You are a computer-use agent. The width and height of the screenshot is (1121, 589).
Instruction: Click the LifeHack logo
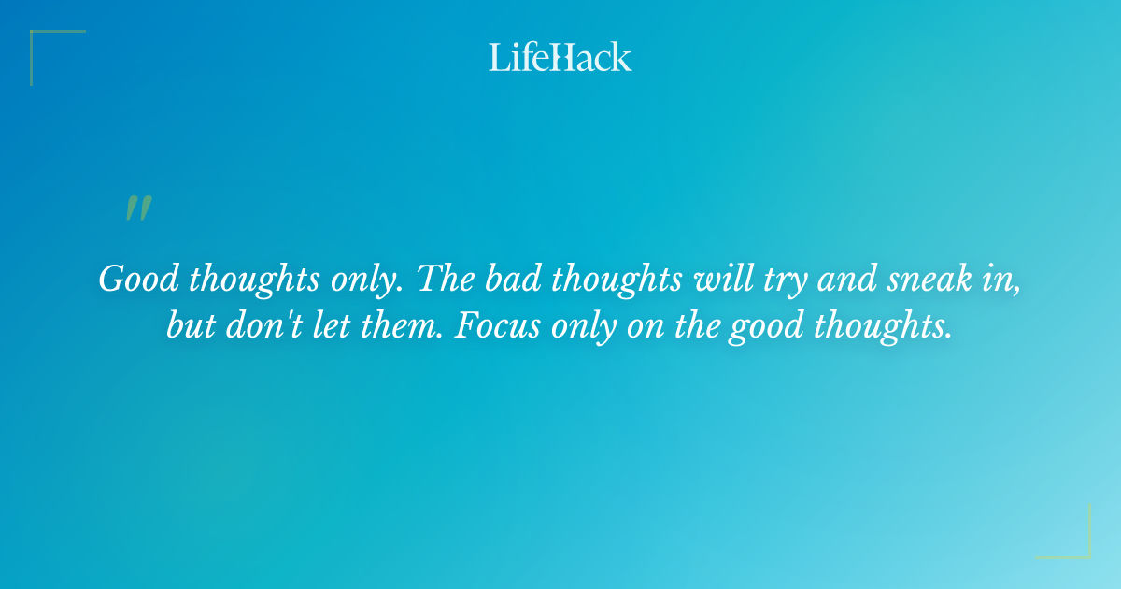(560, 57)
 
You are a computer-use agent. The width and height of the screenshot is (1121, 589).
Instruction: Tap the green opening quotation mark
(137, 208)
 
